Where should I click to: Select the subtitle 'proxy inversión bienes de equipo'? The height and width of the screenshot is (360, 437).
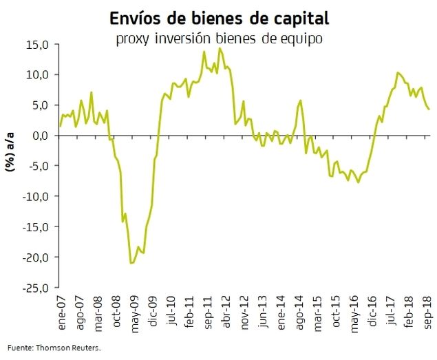click(x=220, y=39)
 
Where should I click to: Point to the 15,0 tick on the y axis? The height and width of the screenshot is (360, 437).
click(x=36, y=45)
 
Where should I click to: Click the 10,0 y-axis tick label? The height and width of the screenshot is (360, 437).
click(x=36, y=75)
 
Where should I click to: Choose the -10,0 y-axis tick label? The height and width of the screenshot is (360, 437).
click(x=34, y=197)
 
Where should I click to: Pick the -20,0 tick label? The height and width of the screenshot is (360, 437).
click(x=34, y=257)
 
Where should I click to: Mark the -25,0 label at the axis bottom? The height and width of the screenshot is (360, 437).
click(x=34, y=288)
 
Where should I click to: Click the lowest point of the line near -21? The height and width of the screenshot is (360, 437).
click(x=131, y=263)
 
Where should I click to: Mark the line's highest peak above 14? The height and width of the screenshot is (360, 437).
click(x=220, y=48)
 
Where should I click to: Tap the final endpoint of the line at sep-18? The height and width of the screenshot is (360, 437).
click(x=429, y=109)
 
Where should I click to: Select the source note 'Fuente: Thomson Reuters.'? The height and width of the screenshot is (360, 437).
click(x=54, y=348)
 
